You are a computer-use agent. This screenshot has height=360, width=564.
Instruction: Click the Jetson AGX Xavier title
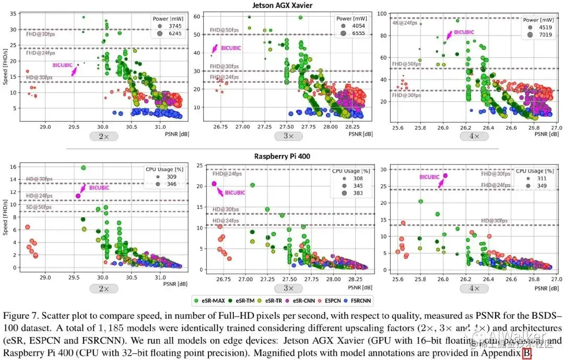(283, 5)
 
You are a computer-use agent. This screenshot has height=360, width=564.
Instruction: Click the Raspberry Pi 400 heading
(283, 156)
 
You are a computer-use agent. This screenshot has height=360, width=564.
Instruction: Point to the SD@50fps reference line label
(39, 207)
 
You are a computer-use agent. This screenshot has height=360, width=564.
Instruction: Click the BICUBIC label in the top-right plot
(464, 32)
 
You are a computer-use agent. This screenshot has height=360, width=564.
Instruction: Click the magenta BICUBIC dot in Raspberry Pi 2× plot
(78, 196)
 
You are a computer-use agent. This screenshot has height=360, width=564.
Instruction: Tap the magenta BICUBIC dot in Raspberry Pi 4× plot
(445, 176)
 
